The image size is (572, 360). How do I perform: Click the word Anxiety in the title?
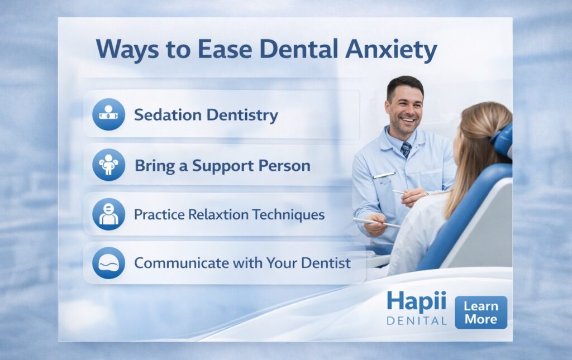point(391,50)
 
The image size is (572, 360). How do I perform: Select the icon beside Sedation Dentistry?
point(109,114)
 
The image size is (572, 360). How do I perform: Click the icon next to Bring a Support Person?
point(109,165)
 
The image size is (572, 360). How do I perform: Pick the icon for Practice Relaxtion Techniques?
point(109,214)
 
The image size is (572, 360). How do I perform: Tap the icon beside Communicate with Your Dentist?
point(109,263)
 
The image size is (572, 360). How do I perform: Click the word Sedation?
point(168,115)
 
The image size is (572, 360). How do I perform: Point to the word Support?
point(223,166)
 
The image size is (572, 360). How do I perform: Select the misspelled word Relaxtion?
point(218,214)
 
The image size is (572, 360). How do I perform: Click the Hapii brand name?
point(417,302)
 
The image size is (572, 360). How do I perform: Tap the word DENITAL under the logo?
point(417,321)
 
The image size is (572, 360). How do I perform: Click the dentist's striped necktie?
point(406,150)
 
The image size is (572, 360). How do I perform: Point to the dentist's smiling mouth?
point(408,119)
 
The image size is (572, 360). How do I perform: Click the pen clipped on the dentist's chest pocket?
point(384,175)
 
